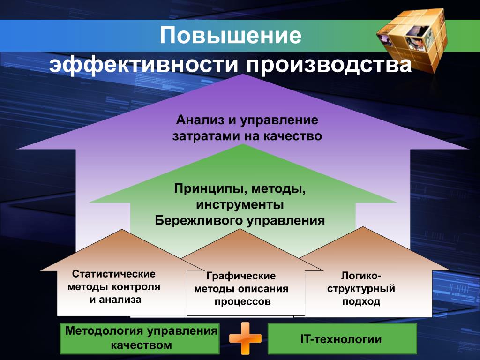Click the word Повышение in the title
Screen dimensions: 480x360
pyautogui.click(x=231, y=36)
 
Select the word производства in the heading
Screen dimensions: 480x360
pyautogui.click(x=329, y=65)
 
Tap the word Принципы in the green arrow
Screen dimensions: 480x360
pyautogui.click(x=210, y=189)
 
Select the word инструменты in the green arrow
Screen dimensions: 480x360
pyautogui.click(x=240, y=204)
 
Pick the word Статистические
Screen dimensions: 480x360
pyautogui.click(x=113, y=273)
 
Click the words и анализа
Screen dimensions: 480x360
pyautogui.click(x=115, y=299)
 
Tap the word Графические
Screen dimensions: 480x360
pyautogui.click(x=241, y=276)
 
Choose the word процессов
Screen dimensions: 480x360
pyautogui.click(x=242, y=301)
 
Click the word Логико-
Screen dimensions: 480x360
pyautogui.click(x=361, y=276)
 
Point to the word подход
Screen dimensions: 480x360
pyautogui.click(x=361, y=301)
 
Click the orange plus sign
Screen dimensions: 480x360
pyautogui.click(x=245, y=338)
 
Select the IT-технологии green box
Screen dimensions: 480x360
pyautogui.click(x=342, y=339)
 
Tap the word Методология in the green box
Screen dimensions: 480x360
pyautogui.click(x=105, y=331)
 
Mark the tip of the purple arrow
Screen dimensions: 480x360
pyautogui.click(x=243, y=74)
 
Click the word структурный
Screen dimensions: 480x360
pyautogui.click(x=361, y=289)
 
